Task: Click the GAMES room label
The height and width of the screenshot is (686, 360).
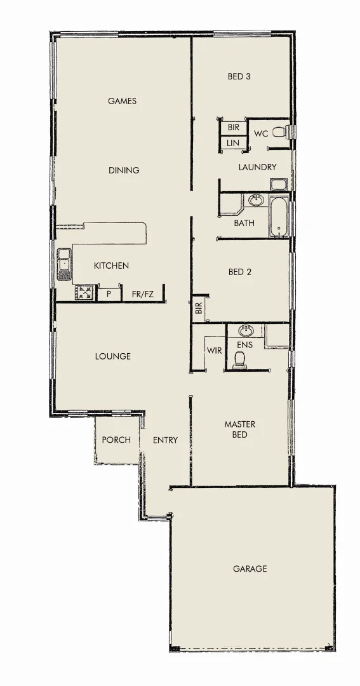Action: (x=122, y=101)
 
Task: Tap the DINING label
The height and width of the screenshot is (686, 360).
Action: (x=124, y=170)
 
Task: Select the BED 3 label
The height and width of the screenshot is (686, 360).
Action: (x=239, y=77)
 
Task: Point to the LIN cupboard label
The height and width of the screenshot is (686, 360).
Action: (x=233, y=144)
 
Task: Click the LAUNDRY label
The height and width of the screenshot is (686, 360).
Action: (x=257, y=167)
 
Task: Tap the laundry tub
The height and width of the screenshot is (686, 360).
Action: (x=279, y=185)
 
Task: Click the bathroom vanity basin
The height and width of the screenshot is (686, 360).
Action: (x=256, y=201)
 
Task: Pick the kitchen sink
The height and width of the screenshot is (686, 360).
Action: (x=64, y=264)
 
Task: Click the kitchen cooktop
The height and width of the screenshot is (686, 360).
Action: (x=84, y=292)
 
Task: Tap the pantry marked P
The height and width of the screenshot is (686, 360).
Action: (x=109, y=295)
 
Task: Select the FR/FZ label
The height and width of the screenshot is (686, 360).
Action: (x=143, y=294)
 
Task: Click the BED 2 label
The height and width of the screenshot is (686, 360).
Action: (x=240, y=272)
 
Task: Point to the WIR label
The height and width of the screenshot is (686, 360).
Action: (x=214, y=350)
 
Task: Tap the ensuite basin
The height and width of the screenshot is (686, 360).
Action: (x=245, y=331)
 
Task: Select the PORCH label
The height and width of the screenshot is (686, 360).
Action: (x=116, y=440)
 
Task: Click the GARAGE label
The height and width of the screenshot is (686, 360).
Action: (x=250, y=568)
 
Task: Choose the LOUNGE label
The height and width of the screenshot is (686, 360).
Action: (x=113, y=356)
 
